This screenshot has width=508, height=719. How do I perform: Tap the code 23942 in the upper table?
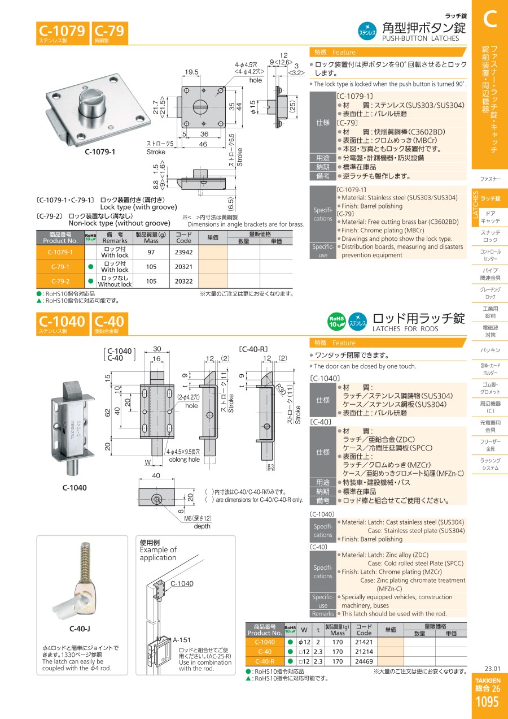click(x=183, y=252)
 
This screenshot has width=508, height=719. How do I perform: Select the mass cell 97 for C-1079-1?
click(x=151, y=252)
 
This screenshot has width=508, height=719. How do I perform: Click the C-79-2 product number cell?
click(x=60, y=281)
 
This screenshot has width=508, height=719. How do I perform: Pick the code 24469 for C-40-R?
click(x=364, y=661)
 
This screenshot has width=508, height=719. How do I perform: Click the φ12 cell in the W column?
click(x=304, y=642)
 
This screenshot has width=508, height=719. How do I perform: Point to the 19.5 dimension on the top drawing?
click(x=191, y=72)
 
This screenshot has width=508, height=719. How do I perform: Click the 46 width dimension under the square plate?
click(x=203, y=144)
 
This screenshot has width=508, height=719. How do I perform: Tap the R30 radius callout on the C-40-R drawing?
click(x=281, y=389)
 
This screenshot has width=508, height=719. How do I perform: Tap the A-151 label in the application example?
click(x=182, y=640)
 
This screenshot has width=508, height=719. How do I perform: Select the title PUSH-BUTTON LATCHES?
click(x=421, y=38)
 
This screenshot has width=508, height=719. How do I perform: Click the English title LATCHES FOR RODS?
click(x=405, y=329)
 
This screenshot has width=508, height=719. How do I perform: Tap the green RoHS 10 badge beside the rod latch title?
click(x=336, y=321)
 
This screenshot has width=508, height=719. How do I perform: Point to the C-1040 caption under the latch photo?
click(x=75, y=488)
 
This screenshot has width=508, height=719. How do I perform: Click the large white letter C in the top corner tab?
click(x=490, y=19)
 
